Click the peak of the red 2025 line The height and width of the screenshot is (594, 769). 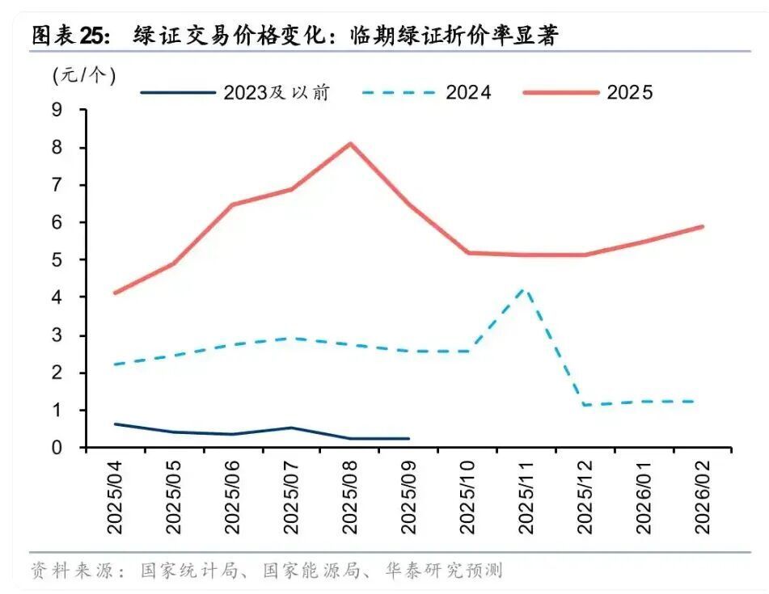coord(350,144)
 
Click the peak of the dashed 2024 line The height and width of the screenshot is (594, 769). coord(526,289)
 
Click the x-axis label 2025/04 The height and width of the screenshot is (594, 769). coord(115,496)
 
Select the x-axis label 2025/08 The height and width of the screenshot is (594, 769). coord(349,496)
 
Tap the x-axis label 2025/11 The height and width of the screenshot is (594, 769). coord(526,496)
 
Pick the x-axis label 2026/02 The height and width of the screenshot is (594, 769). coord(702,496)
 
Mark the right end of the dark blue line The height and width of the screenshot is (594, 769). coord(408,438)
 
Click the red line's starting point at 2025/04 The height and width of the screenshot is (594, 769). coord(115,293)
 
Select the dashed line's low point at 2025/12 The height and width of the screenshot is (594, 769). coord(585,405)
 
